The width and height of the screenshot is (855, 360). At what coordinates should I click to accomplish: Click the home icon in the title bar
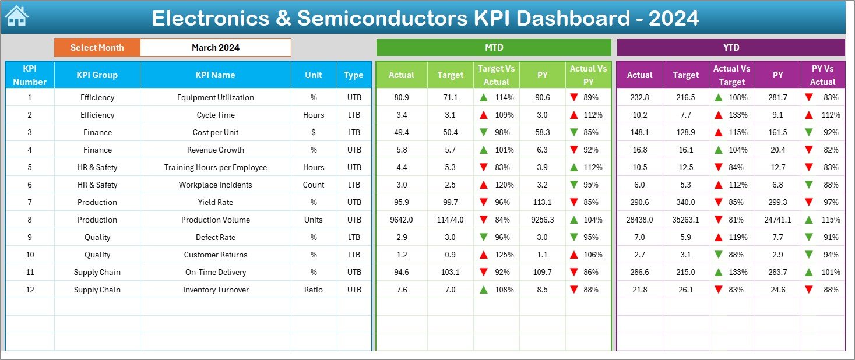(x=16, y=17)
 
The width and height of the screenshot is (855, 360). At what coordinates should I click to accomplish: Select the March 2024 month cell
(x=216, y=48)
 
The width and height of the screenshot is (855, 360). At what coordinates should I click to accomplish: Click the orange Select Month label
(x=97, y=48)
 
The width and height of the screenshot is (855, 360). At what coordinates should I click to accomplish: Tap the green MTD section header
(x=494, y=47)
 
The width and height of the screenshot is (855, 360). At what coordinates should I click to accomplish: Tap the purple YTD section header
(x=731, y=47)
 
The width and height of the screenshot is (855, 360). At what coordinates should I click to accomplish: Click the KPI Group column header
(x=97, y=75)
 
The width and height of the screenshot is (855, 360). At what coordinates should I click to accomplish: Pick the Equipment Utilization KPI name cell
(x=216, y=97)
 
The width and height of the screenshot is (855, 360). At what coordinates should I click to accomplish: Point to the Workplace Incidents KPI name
(x=216, y=185)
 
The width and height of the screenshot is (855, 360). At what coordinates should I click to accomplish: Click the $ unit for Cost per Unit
(x=314, y=132)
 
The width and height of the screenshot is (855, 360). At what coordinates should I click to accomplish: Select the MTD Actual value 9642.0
(x=402, y=220)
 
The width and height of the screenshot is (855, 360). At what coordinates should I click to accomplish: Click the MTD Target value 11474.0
(x=451, y=220)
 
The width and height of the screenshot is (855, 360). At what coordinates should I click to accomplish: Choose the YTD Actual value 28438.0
(x=640, y=220)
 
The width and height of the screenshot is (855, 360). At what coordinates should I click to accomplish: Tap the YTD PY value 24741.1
(x=778, y=220)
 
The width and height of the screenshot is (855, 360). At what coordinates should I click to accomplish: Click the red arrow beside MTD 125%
(x=484, y=255)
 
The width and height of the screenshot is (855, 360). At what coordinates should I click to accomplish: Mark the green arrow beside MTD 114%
(x=484, y=97)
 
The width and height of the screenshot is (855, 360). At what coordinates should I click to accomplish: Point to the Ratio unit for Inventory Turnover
(x=314, y=290)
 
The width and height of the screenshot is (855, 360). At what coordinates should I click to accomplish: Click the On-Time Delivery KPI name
(x=216, y=272)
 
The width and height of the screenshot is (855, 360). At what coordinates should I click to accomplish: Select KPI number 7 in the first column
(x=30, y=202)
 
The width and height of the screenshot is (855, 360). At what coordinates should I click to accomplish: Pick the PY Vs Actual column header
(x=822, y=75)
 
